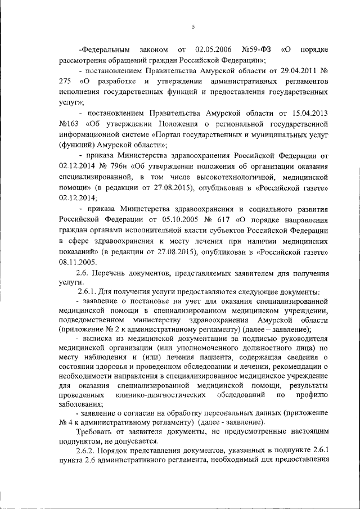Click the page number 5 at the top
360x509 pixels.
193,27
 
